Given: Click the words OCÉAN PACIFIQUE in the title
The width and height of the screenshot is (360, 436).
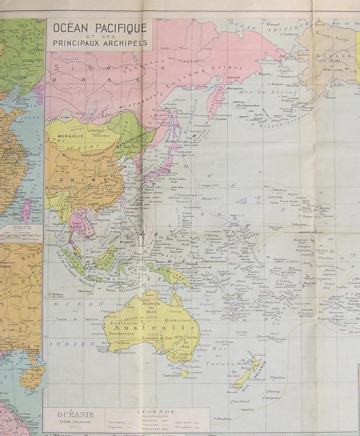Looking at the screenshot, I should [100, 27].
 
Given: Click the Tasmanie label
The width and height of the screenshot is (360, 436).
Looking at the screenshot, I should [171, 375].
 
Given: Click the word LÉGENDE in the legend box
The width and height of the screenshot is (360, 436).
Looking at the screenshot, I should [156, 412].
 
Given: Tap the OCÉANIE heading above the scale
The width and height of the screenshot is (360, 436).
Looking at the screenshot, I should [72, 414].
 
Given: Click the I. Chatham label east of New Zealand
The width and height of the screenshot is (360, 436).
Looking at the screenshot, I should [278, 378].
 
